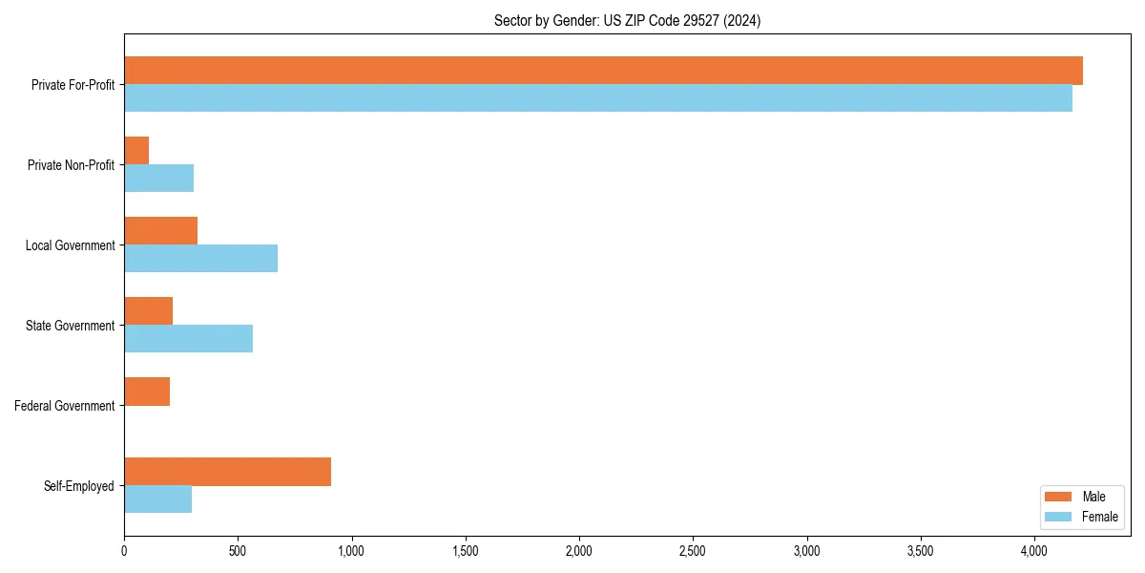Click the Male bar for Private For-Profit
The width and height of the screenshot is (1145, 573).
click(x=603, y=71)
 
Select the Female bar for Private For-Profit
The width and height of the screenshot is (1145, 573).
click(x=598, y=98)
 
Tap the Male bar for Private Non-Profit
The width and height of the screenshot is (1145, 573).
click(x=136, y=151)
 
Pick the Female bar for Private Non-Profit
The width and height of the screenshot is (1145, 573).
click(x=158, y=179)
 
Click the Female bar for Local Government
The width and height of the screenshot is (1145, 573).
click(x=200, y=259)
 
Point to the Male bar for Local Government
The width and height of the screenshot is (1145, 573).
click(x=160, y=231)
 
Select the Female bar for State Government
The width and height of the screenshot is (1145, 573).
click(x=188, y=339)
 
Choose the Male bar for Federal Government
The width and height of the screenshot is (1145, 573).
click(x=147, y=392)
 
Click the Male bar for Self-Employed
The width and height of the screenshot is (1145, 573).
click(x=227, y=472)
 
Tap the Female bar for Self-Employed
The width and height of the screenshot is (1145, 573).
click(x=157, y=499)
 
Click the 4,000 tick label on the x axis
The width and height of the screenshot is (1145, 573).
click(x=1034, y=552)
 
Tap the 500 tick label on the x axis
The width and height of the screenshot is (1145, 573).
click(x=238, y=552)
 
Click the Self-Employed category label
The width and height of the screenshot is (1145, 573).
click(x=79, y=486)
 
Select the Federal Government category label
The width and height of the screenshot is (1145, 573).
click(x=65, y=406)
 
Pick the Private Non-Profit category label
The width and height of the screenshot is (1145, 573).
click(x=71, y=165)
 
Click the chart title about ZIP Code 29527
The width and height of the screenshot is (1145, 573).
click(x=627, y=20)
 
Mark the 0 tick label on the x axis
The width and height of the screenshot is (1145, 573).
click(x=124, y=552)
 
